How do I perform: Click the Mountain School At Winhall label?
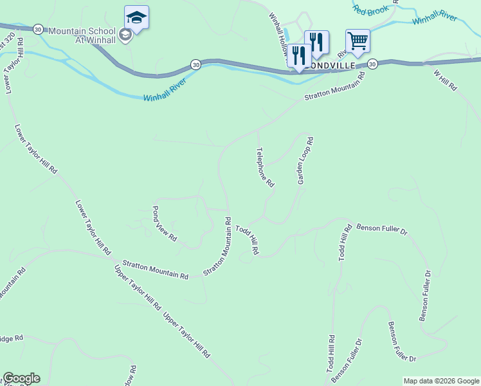[82, 35]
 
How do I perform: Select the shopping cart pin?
[358, 41]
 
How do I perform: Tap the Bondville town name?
[332, 65]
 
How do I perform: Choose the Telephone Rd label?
[265, 167]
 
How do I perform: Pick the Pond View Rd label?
[164, 223]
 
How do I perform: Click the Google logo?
[21, 378]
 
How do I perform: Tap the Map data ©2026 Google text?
[440, 381]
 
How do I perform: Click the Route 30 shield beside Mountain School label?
[38, 29]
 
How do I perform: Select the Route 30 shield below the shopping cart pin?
[372, 64]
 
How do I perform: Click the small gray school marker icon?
[125, 35]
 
